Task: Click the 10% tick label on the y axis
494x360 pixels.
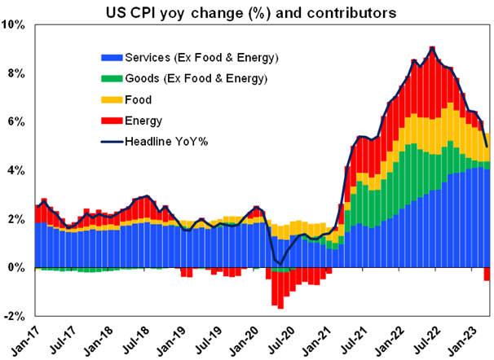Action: pos(15,25)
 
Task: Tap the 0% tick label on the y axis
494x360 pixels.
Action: pos(18,267)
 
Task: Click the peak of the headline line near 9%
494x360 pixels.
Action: pos(432,47)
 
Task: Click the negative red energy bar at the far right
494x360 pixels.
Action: pos(487,274)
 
